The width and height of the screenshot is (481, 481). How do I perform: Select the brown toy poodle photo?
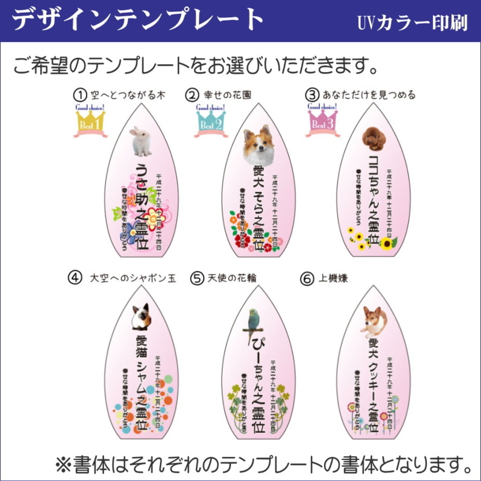point(374,138)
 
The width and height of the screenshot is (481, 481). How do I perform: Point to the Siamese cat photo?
point(141,317)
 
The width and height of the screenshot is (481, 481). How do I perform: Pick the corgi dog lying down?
point(374,321)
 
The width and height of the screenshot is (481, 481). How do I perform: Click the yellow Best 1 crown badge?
point(90,121)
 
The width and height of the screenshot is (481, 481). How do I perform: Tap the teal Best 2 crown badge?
point(211,121)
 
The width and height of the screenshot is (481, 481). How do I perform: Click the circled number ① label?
point(79,95)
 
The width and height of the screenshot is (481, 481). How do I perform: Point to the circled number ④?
point(75,278)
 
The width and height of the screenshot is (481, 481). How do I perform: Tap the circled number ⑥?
point(307,279)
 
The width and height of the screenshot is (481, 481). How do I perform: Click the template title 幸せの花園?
point(227,95)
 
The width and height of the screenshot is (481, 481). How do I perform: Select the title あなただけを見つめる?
point(369,95)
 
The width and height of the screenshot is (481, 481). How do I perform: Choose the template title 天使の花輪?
point(232,278)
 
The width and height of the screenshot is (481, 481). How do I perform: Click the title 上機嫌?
point(333,278)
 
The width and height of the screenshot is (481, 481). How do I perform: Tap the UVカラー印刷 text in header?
point(412,23)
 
